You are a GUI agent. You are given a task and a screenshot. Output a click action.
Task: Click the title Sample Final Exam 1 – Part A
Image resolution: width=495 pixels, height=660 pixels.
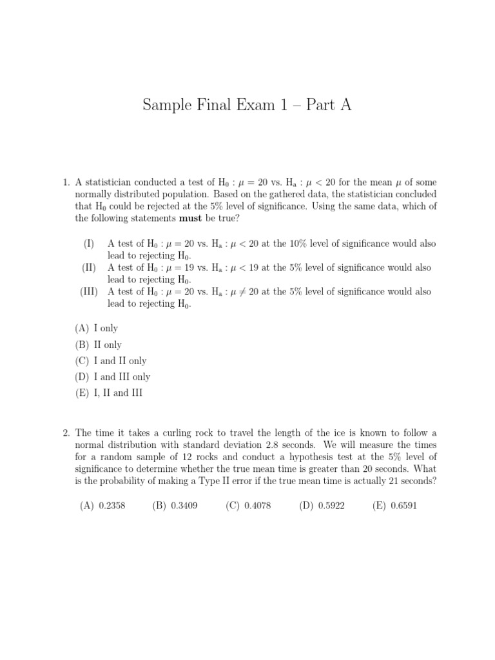click(247, 106)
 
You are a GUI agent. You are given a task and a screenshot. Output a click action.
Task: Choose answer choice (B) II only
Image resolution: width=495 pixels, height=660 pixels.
click(99, 345)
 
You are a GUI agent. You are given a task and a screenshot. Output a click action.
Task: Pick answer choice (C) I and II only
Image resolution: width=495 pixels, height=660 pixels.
click(111, 361)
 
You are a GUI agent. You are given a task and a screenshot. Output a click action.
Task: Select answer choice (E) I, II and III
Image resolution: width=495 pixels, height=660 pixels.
click(109, 393)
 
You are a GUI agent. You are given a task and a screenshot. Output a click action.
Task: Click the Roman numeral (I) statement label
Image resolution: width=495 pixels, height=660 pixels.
click(89, 244)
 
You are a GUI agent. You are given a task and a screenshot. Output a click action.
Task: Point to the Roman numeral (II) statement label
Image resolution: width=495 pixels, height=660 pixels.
click(89, 267)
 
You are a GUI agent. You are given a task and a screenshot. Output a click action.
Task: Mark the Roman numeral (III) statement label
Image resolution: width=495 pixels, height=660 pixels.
click(89, 291)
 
